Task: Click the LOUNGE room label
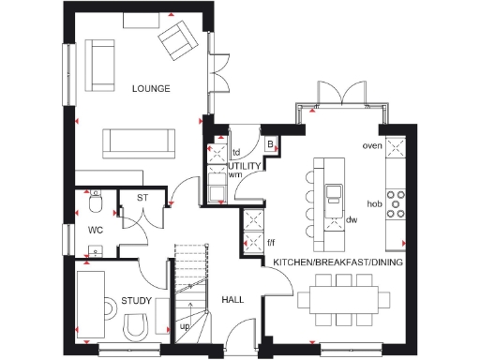tap(151, 89)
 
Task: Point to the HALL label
tap(232, 299)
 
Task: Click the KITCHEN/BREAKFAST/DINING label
tap(337, 263)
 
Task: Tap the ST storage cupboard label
tap(142, 198)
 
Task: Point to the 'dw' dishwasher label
tap(352, 220)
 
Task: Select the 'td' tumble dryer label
tap(236, 150)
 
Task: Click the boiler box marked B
tap(270, 144)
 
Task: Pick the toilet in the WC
tap(95, 202)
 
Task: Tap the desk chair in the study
tap(136, 325)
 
